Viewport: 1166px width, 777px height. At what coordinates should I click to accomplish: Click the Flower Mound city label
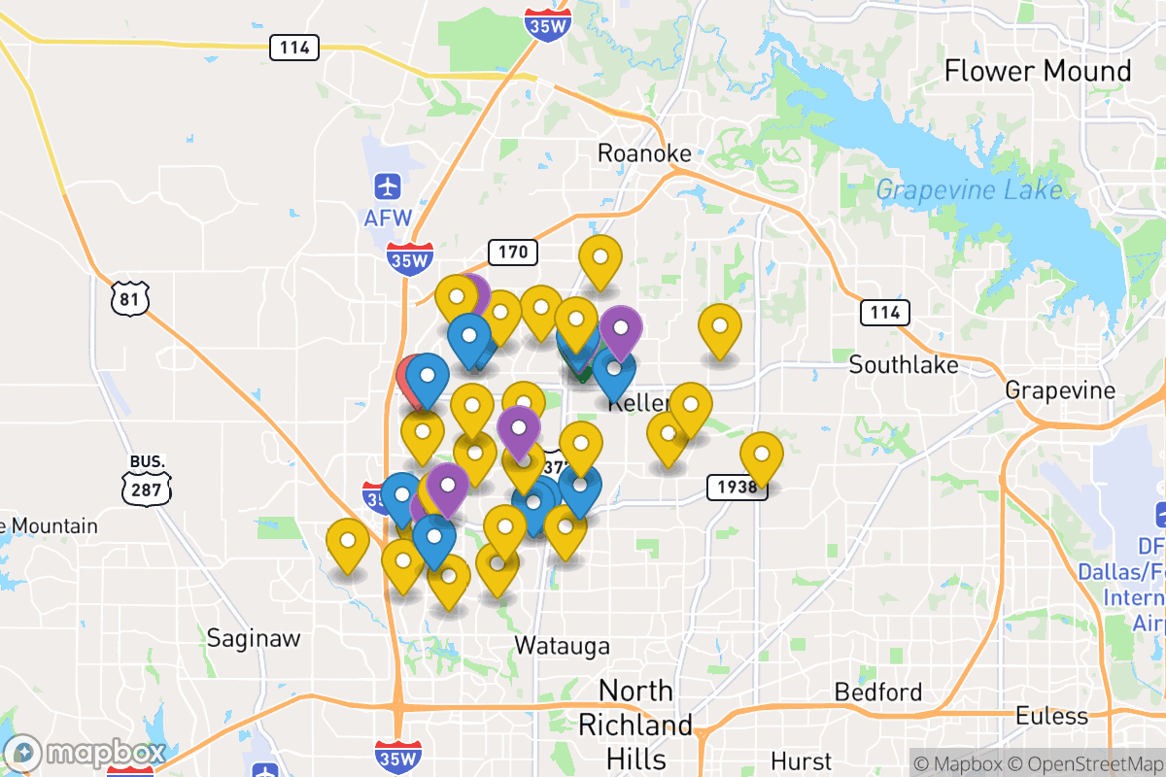click(x=1038, y=71)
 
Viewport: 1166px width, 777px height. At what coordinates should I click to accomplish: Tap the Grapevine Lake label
click(x=969, y=189)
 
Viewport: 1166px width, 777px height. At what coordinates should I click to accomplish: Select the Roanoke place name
click(x=644, y=153)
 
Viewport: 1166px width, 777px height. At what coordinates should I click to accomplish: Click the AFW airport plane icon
click(x=388, y=185)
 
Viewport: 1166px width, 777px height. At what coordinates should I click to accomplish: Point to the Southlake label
click(x=903, y=365)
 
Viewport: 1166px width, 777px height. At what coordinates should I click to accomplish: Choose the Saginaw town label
click(x=254, y=638)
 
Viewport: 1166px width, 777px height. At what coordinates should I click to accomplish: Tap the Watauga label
click(x=562, y=646)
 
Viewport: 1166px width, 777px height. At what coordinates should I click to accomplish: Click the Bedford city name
click(x=878, y=693)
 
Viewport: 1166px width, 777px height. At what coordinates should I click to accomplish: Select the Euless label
click(x=1051, y=717)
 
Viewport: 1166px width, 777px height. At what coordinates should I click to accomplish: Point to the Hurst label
click(x=801, y=760)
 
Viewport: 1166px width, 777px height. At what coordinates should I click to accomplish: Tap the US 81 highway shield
click(x=129, y=298)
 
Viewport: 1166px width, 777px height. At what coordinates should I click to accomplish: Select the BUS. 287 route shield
click(x=147, y=480)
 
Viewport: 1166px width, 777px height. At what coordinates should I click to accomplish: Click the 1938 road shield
click(x=737, y=487)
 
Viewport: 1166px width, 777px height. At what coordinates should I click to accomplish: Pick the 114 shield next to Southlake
click(x=884, y=312)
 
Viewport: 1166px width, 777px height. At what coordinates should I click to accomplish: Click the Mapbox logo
click(x=85, y=753)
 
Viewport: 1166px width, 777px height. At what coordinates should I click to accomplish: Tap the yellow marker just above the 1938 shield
click(x=761, y=454)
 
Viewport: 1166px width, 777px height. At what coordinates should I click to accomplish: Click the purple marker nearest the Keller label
click(x=620, y=328)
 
